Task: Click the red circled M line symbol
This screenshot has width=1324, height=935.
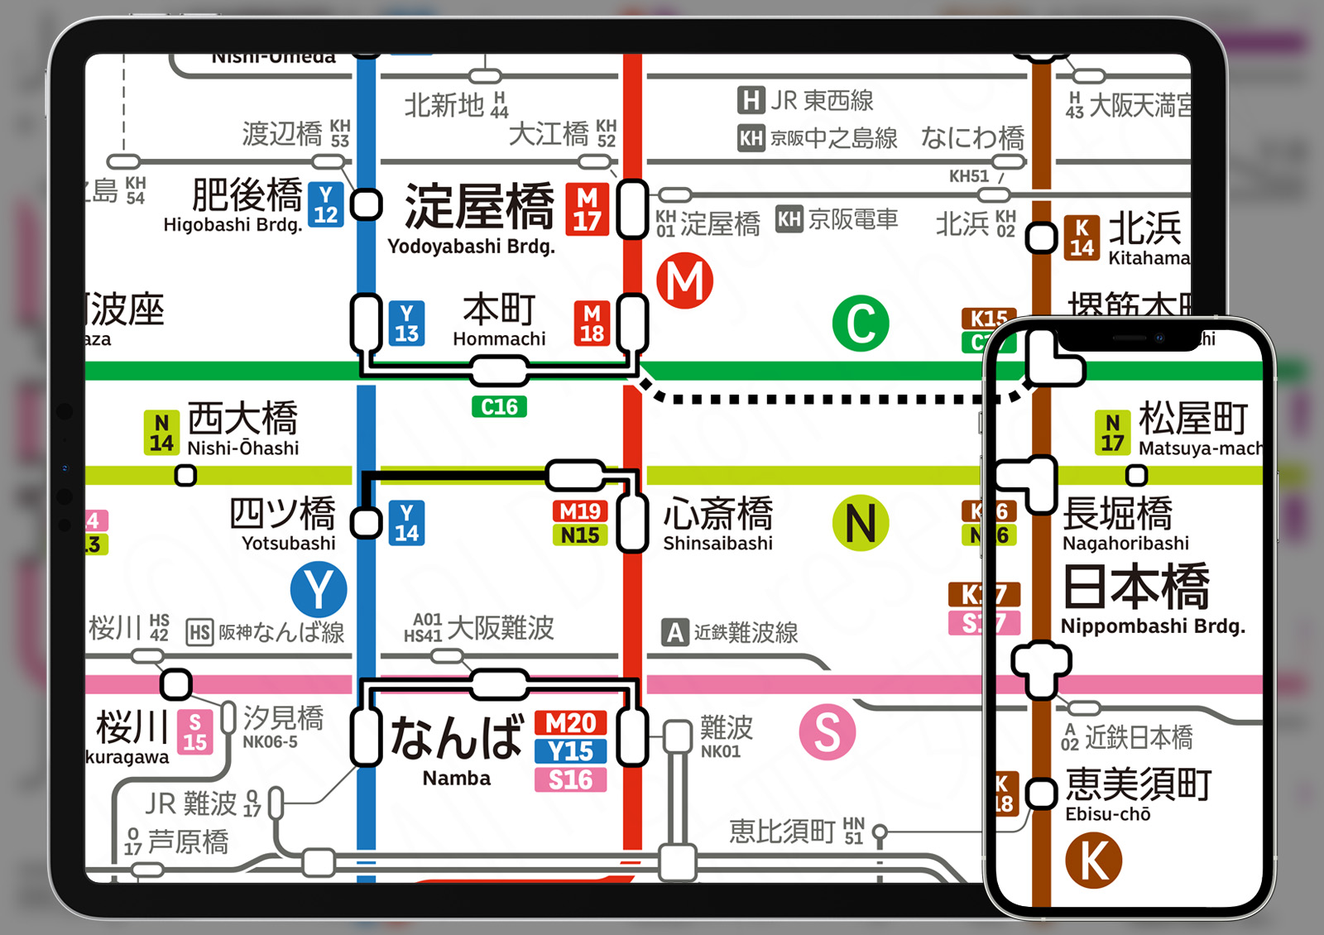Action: coord(685,281)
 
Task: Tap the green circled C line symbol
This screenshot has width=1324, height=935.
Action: coord(861,324)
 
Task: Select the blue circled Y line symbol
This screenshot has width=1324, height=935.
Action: coord(319,590)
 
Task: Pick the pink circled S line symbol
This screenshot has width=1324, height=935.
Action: coord(827,732)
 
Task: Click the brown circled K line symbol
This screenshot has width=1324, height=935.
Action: coord(1093,861)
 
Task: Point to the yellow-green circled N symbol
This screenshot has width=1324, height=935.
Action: coord(861,524)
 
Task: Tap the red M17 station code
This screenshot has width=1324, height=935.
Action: coord(588,209)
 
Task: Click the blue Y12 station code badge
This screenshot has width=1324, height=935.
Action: coord(326,205)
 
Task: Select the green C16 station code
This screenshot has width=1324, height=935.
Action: coord(499,407)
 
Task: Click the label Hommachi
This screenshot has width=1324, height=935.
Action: coord(499,339)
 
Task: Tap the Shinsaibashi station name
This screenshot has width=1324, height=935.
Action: coord(717,544)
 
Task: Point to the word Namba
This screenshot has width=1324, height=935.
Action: coord(456,779)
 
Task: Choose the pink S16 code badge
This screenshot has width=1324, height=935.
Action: coord(571,779)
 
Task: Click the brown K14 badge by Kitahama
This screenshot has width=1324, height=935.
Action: coord(1082,238)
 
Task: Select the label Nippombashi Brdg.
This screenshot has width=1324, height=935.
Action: coord(1152,626)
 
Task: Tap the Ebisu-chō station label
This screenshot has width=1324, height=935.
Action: coord(1107,814)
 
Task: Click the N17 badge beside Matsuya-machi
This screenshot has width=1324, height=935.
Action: coord(1112,433)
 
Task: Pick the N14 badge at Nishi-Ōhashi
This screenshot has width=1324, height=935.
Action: coord(161,433)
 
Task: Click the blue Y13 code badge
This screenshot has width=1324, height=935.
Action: coord(406,323)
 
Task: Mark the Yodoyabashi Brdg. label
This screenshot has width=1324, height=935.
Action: coord(471,247)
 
